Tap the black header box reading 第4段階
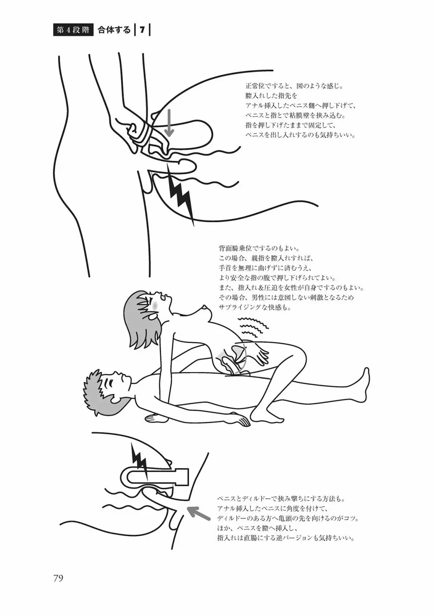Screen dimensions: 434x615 pos(73,30)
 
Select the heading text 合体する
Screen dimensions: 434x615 pos(114,30)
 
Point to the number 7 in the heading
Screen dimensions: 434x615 pos(142,30)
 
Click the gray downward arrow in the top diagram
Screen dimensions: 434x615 pos(169,123)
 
